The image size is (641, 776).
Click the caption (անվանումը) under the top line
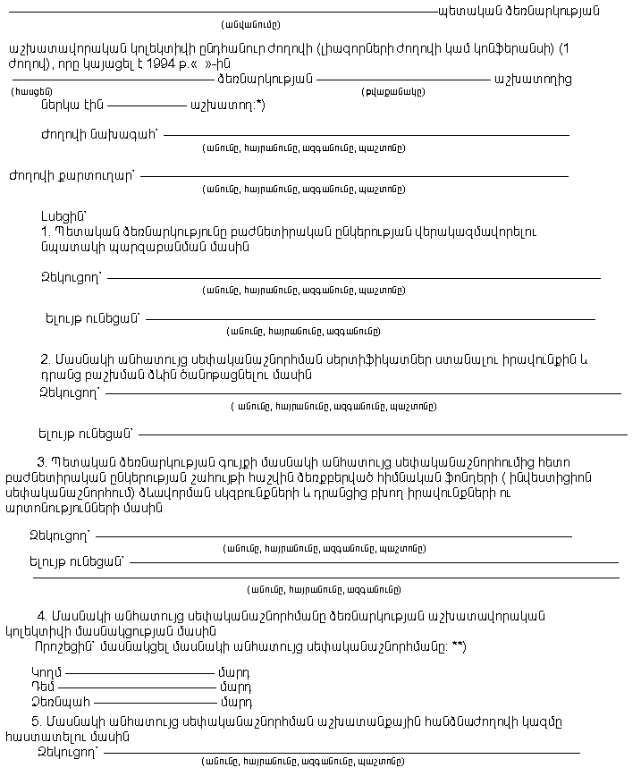[x=250, y=25]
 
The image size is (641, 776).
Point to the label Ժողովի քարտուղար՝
[x=72, y=175]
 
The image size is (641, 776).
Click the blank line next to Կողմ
[x=139, y=673]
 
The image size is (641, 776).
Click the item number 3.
[x=41, y=462]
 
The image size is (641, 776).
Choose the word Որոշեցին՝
[x=63, y=646]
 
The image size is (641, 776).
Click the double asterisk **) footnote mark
[x=458, y=646]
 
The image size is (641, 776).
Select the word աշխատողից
[x=532, y=79]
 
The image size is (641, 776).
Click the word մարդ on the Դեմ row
[x=234, y=687]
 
